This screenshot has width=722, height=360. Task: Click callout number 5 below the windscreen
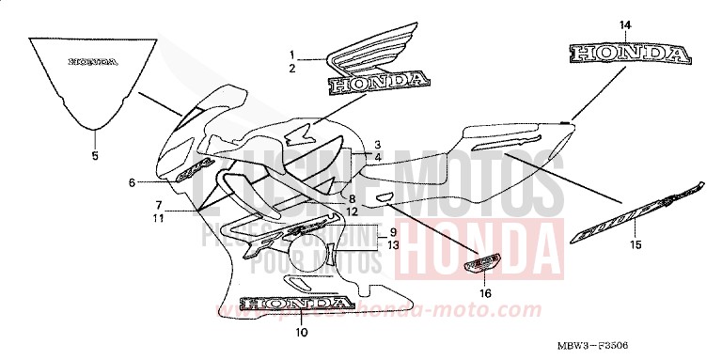point(94,156)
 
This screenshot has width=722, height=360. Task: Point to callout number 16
point(485,292)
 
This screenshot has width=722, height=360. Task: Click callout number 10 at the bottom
point(301,332)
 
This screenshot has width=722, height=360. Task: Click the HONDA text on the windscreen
point(92,63)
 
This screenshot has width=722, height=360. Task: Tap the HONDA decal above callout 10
point(296,304)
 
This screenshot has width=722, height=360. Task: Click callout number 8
point(351,199)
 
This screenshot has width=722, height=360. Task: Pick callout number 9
point(393,231)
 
